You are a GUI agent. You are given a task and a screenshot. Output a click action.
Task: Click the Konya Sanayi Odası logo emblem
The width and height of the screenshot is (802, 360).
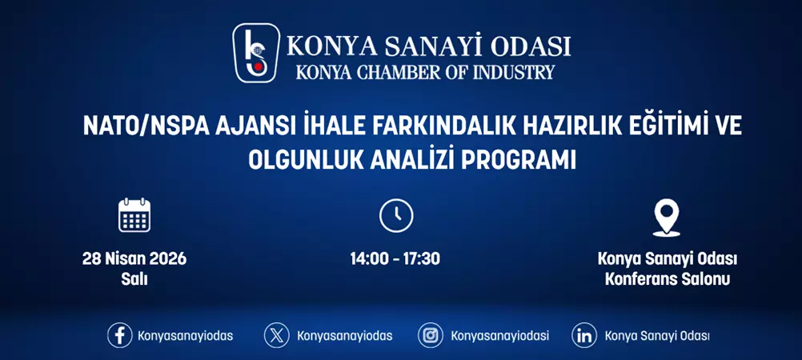click(x=256, y=53)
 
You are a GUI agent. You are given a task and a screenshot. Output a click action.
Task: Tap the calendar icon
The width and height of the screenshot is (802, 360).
click(x=134, y=215)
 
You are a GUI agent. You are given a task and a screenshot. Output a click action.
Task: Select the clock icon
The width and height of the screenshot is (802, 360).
click(x=395, y=216)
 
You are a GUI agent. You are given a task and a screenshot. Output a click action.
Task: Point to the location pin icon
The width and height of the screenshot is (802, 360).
click(x=666, y=217)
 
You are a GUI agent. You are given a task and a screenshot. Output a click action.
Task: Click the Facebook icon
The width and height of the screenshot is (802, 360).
click(x=120, y=335)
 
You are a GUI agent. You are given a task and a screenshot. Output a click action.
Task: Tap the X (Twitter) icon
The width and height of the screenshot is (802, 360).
click(x=277, y=335)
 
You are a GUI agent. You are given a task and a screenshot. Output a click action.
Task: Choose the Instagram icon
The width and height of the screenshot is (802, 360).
click(x=431, y=335)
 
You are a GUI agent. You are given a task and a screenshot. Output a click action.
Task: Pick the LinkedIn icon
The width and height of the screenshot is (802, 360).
click(x=584, y=335)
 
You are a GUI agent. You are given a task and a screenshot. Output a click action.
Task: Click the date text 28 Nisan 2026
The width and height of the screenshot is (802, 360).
click(x=134, y=258)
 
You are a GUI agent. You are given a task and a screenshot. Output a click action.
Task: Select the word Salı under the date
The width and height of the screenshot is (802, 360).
click(x=134, y=279)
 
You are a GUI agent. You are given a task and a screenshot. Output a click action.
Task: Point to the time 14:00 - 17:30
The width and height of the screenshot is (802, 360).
click(x=395, y=258)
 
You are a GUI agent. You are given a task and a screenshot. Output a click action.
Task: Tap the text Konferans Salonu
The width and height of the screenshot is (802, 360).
click(x=667, y=279)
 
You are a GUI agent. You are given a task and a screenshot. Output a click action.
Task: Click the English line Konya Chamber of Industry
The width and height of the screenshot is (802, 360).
click(x=425, y=72)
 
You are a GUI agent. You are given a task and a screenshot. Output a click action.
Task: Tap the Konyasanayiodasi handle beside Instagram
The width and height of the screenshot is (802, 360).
click(x=500, y=336)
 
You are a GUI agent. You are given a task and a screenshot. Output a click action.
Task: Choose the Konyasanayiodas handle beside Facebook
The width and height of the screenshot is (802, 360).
click(x=186, y=336)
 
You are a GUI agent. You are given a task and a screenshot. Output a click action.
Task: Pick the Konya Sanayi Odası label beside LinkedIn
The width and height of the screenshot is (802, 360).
click(x=657, y=336)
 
